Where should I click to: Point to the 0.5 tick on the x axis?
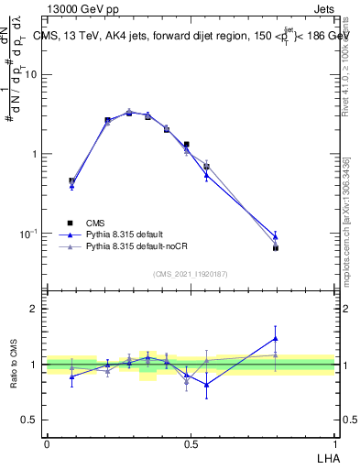click(x=190, y=443)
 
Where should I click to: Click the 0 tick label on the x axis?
click(x=47, y=443)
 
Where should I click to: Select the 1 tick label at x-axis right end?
click(x=333, y=443)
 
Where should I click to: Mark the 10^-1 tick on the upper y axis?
click(x=30, y=234)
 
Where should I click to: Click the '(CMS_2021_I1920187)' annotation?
click(x=191, y=273)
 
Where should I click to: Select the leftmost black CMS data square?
click(x=71, y=181)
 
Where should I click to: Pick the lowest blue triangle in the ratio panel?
click(x=207, y=385)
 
